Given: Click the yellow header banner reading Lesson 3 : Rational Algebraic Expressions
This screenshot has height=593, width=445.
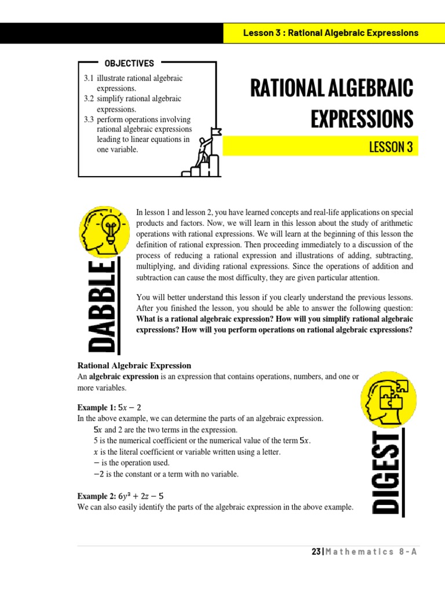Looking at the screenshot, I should pyautogui.click(x=330, y=33).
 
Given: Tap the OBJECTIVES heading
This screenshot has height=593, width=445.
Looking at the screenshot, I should pyautogui.click(x=129, y=64).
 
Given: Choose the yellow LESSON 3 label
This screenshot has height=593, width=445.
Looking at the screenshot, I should pyautogui.click(x=391, y=147).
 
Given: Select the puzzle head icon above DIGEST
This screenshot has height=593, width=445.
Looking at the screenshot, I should pyautogui.click(x=388, y=400).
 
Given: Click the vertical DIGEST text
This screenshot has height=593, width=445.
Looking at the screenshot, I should pyautogui.click(x=386, y=473).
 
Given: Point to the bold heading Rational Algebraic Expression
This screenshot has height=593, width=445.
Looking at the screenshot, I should pyautogui.click(x=134, y=365).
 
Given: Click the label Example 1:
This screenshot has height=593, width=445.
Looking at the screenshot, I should pyautogui.click(x=96, y=408).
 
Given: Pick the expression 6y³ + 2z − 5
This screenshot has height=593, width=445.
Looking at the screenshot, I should pyautogui.click(x=141, y=496).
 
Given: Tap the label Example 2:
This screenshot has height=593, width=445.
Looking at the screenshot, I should pyautogui.click(x=96, y=496).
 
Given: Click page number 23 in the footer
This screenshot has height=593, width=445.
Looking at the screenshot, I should pyautogui.click(x=316, y=552).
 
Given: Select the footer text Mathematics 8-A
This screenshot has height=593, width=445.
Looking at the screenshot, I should pyautogui.click(x=371, y=552).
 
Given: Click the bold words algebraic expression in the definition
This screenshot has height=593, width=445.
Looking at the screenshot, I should pyautogui.click(x=123, y=376).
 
